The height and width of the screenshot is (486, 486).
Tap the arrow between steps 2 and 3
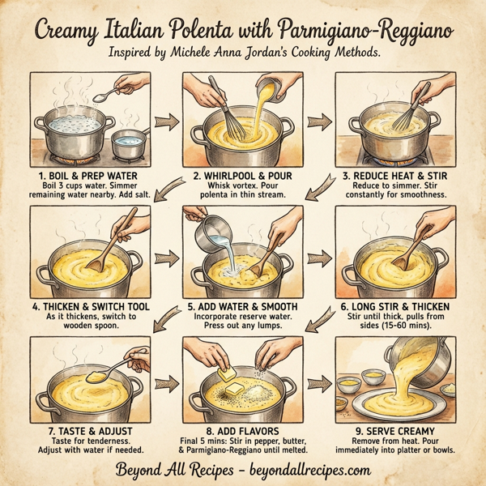tap(319, 122)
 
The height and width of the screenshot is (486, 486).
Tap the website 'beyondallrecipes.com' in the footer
tap(308, 470)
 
